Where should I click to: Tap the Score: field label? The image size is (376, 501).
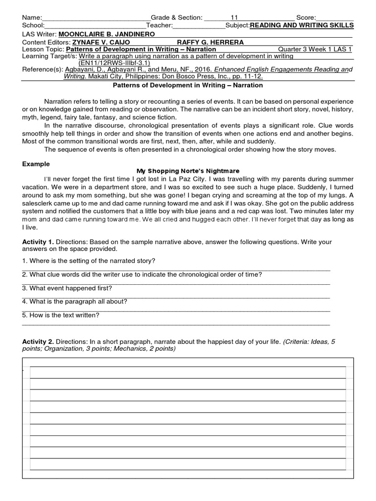[306, 18]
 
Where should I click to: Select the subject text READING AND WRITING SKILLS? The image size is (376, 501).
[301, 25]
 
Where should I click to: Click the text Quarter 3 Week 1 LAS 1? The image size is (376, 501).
[314, 49]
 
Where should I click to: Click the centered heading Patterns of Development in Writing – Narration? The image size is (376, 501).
[188, 85]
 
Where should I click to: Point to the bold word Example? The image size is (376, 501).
[36, 164]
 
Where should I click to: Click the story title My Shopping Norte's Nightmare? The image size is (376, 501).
[188, 171]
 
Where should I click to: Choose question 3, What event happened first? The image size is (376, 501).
[67, 288]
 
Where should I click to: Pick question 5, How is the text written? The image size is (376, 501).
[61, 316]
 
